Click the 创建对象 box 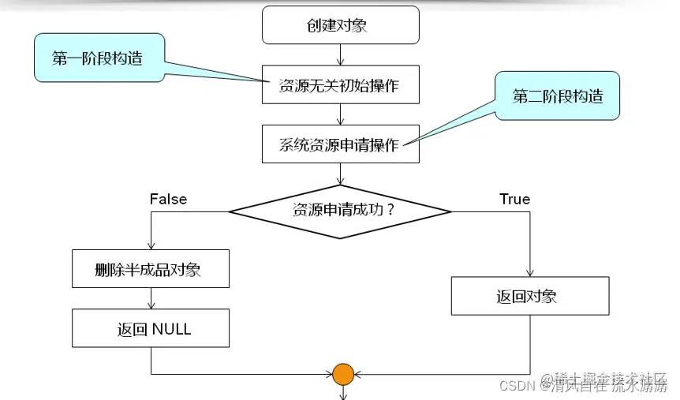(x=339, y=26)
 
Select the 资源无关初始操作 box (x=339, y=85)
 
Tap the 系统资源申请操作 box (x=339, y=144)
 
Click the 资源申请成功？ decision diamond (x=339, y=211)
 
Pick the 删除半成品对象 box (x=150, y=270)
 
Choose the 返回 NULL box (x=150, y=328)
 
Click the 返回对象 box (x=529, y=296)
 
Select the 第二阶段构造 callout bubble (x=558, y=97)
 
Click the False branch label (x=168, y=199)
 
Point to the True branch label (x=514, y=199)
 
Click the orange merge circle (x=342, y=374)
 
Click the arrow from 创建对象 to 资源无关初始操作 (x=339, y=54)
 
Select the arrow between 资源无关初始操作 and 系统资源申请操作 (x=339, y=114)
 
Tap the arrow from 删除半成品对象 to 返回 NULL (x=150, y=299)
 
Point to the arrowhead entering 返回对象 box (x=529, y=272)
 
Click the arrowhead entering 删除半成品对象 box (x=150, y=246)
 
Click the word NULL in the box (x=171, y=329)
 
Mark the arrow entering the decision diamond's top (x=339, y=175)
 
